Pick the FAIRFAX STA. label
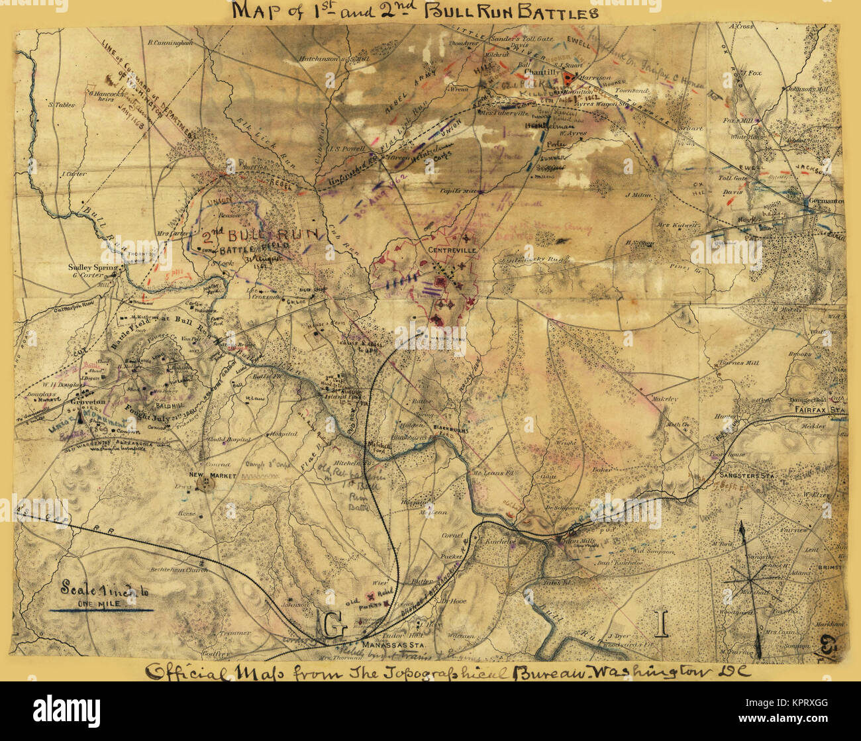[x=819, y=411]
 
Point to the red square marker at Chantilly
[x=568, y=78]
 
